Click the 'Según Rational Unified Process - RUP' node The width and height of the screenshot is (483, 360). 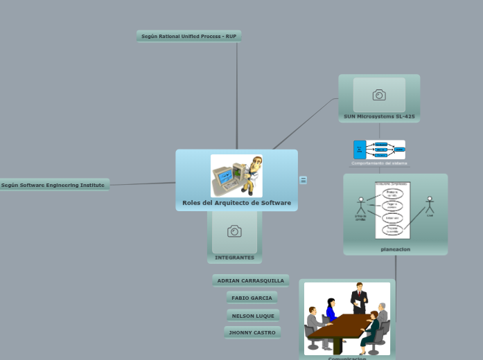pos(188,36)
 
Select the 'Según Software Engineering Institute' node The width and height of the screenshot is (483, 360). pos(53,185)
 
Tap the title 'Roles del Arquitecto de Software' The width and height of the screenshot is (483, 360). pos(236,203)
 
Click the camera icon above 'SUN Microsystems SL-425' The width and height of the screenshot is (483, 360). pos(379,96)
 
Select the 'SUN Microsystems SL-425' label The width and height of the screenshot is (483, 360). pos(379,116)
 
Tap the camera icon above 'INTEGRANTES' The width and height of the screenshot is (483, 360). pos(234,231)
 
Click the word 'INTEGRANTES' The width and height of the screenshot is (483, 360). pos(234,258)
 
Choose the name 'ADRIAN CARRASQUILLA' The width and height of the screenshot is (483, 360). pos(251,280)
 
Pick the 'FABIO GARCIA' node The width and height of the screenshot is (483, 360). pos(252,298)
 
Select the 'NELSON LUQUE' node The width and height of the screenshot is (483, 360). pos(253,316)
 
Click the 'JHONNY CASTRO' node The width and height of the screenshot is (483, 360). pos(252,332)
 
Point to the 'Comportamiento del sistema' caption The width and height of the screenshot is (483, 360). pos(379,163)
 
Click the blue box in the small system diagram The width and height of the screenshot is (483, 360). pos(360,150)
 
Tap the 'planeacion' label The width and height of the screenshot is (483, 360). pos(395,249)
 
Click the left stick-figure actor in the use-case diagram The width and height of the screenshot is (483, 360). pos(360,206)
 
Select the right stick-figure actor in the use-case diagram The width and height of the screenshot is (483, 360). pos(430,206)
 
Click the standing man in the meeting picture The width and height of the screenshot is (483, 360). pos(359,298)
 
